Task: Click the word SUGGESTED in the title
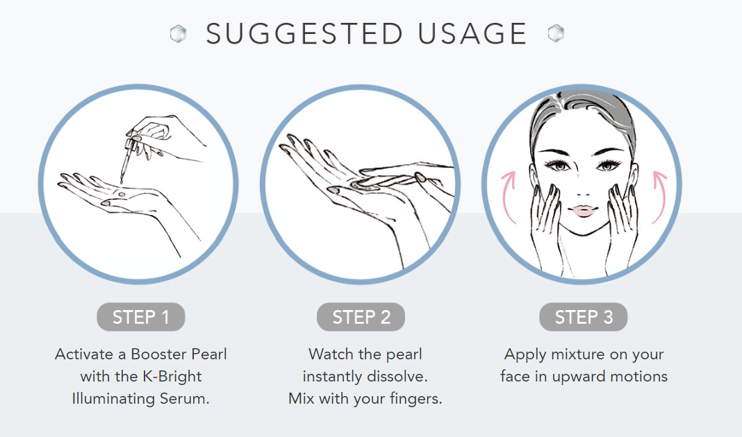click(304, 33)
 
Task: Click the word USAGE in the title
click(472, 33)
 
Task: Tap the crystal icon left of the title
click(179, 33)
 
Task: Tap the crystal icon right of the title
click(556, 33)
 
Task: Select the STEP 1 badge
click(140, 316)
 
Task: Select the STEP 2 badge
click(361, 316)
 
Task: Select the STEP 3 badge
click(584, 316)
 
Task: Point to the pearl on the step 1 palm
click(122, 194)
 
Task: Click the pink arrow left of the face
click(507, 198)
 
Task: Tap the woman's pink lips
click(584, 210)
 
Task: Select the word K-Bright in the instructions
click(172, 377)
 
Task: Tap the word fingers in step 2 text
click(416, 400)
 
